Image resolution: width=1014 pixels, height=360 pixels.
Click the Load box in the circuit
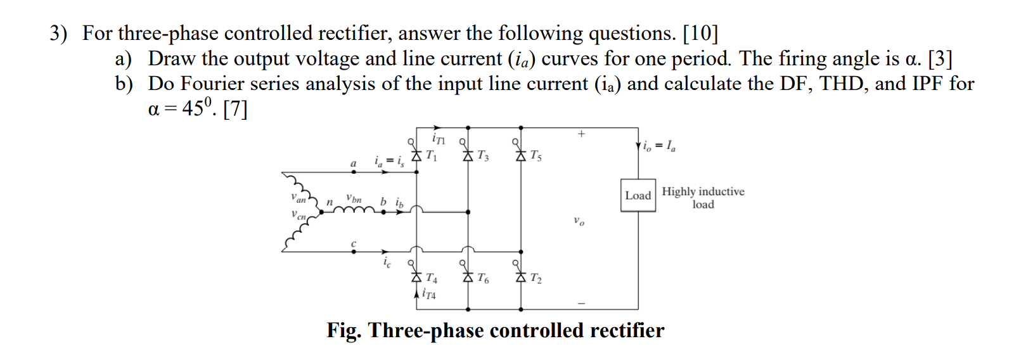(x=638, y=195)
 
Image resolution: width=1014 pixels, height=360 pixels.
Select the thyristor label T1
(x=431, y=155)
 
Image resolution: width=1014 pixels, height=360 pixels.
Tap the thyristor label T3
(x=483, y=155)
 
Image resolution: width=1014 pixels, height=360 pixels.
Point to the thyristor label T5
(x=536, y=155)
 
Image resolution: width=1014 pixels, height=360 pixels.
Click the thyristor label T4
(x=431, y=278)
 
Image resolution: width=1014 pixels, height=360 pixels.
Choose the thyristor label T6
(x=483, y=278)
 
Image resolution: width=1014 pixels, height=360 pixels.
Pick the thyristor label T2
(x=536, y=278)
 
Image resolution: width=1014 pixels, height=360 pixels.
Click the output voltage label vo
(x=579, y=221)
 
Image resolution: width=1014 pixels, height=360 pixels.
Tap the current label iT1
(x=438, y=139)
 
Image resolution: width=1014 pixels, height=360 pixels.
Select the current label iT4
(x=429, y=294)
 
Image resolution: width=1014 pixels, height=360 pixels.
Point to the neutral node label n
(x=330, y=202)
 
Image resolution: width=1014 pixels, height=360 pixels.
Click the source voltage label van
(x=298, y=198)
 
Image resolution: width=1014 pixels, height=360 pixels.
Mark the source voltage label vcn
(x=298, y=215)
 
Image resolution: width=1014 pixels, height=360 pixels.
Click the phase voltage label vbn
(x=354, y=198)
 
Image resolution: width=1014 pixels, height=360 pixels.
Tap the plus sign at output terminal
(x=581, y=134)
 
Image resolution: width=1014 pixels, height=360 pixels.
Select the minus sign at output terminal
(x=581, y=304)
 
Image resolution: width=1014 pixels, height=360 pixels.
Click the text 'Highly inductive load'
(x=703, y=198)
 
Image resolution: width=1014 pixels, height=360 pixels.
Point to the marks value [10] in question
(x=700, y=33)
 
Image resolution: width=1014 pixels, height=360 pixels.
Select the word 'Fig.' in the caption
(x=344, y=330)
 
